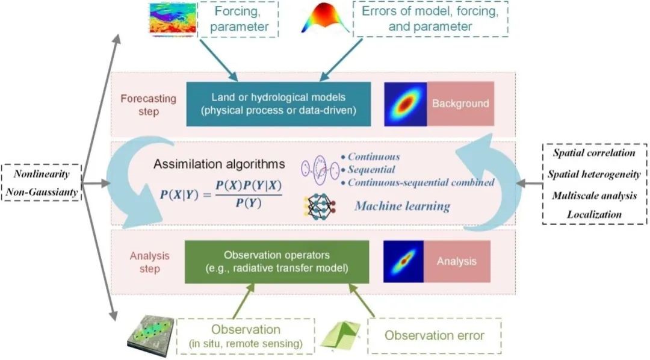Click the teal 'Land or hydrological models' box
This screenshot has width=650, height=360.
click(x=279, y=104)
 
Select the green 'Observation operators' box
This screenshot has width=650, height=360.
click(x=276, y=262)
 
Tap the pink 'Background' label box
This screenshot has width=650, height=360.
click(x=460, y=104)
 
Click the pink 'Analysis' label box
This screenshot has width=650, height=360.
click(x=457, y=262)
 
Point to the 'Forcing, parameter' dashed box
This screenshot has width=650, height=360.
click(x=238, y=19)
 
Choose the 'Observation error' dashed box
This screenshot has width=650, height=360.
click(x=435, y=336)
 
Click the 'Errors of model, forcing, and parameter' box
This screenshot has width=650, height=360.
click(x=430, y=19)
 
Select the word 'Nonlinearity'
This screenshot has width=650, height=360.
click(x=42, y=174)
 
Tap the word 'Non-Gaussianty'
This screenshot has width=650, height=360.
click(x=42, y=192)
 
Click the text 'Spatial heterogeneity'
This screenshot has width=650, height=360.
click(x=594, y=174)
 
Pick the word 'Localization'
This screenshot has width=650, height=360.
click(x=594, y=214)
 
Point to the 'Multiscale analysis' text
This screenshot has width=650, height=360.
click(x=594, y=195)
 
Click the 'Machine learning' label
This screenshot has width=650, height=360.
click(x=402, y=206)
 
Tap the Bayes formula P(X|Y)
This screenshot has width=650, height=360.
click(x=221, y=194)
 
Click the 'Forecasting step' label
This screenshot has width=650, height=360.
click(x=149, y=105)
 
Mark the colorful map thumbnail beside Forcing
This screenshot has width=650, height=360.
click(x=172, y=19)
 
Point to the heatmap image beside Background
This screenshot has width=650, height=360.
click(x=406, y=104)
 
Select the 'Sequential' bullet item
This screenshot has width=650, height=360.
click(x=368, y=170)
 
